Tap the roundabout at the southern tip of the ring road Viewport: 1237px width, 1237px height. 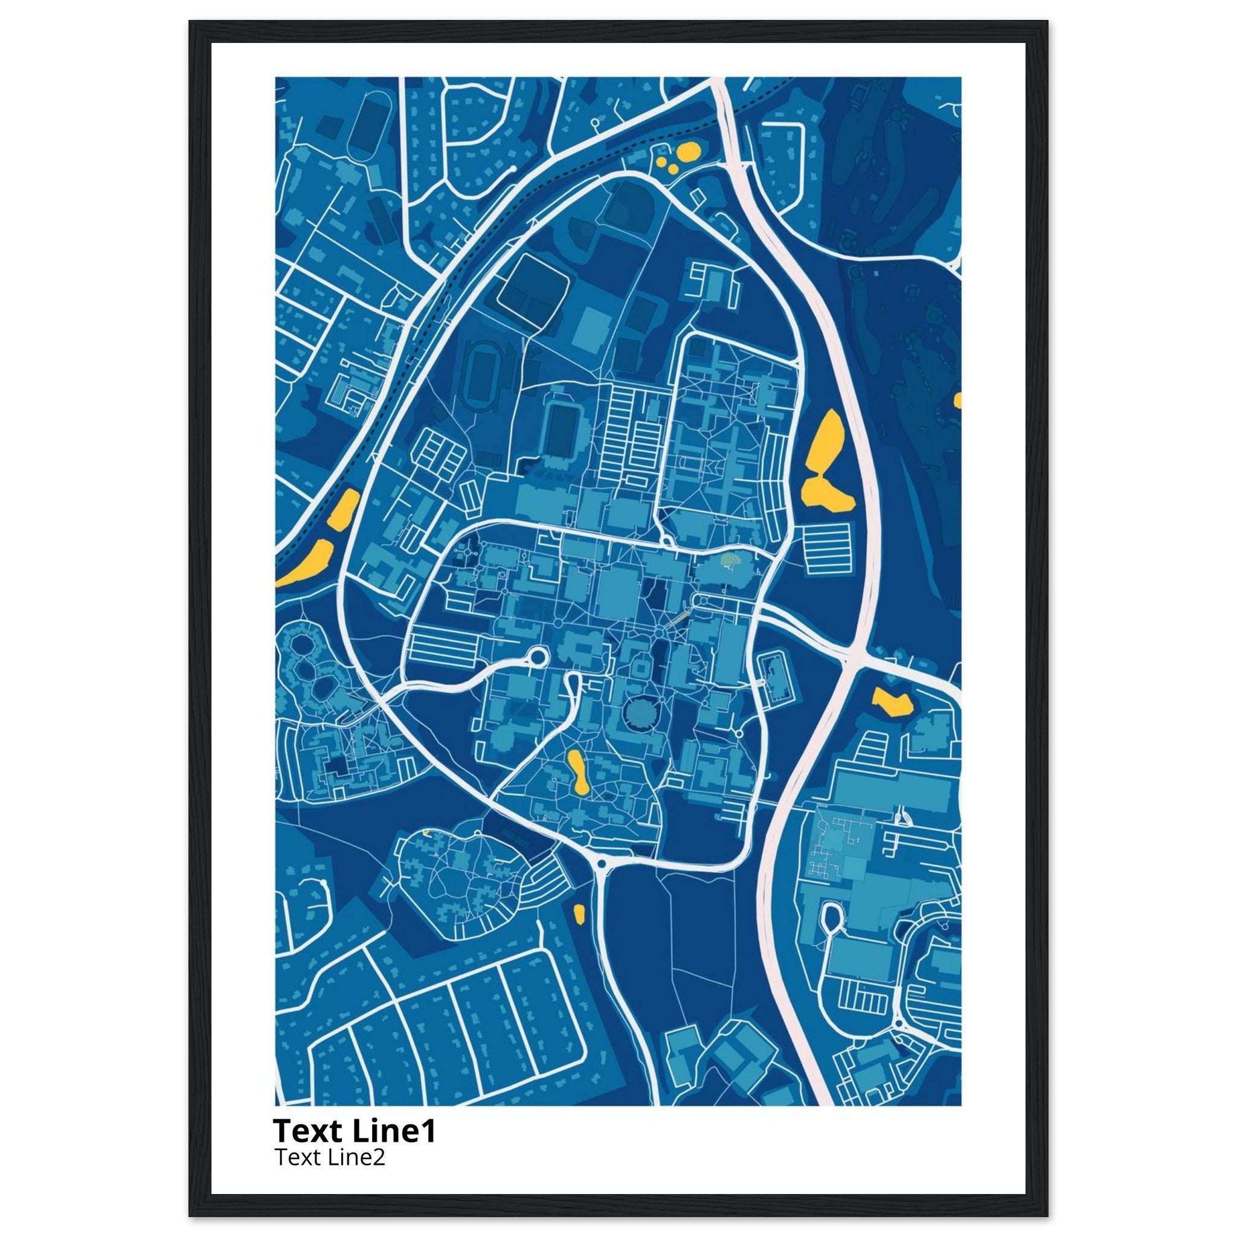(601, 865)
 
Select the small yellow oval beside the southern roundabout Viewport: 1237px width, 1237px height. (579, 914)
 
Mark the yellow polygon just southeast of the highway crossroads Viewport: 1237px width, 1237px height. (892, 702)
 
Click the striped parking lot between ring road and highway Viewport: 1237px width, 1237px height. (828, 547)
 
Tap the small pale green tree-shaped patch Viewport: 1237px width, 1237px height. (729, 561)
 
